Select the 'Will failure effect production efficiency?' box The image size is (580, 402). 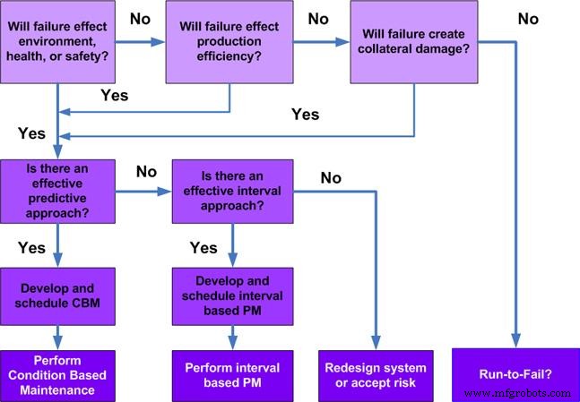229,41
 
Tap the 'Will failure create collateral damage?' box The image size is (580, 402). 414,41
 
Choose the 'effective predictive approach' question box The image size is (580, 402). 57,191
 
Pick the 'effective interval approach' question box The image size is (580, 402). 231,191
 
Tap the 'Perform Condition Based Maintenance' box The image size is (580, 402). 57,377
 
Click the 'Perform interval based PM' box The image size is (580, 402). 231,376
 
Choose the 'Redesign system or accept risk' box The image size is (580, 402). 375,376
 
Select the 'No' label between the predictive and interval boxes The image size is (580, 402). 145,171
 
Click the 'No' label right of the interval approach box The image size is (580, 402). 330,178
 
